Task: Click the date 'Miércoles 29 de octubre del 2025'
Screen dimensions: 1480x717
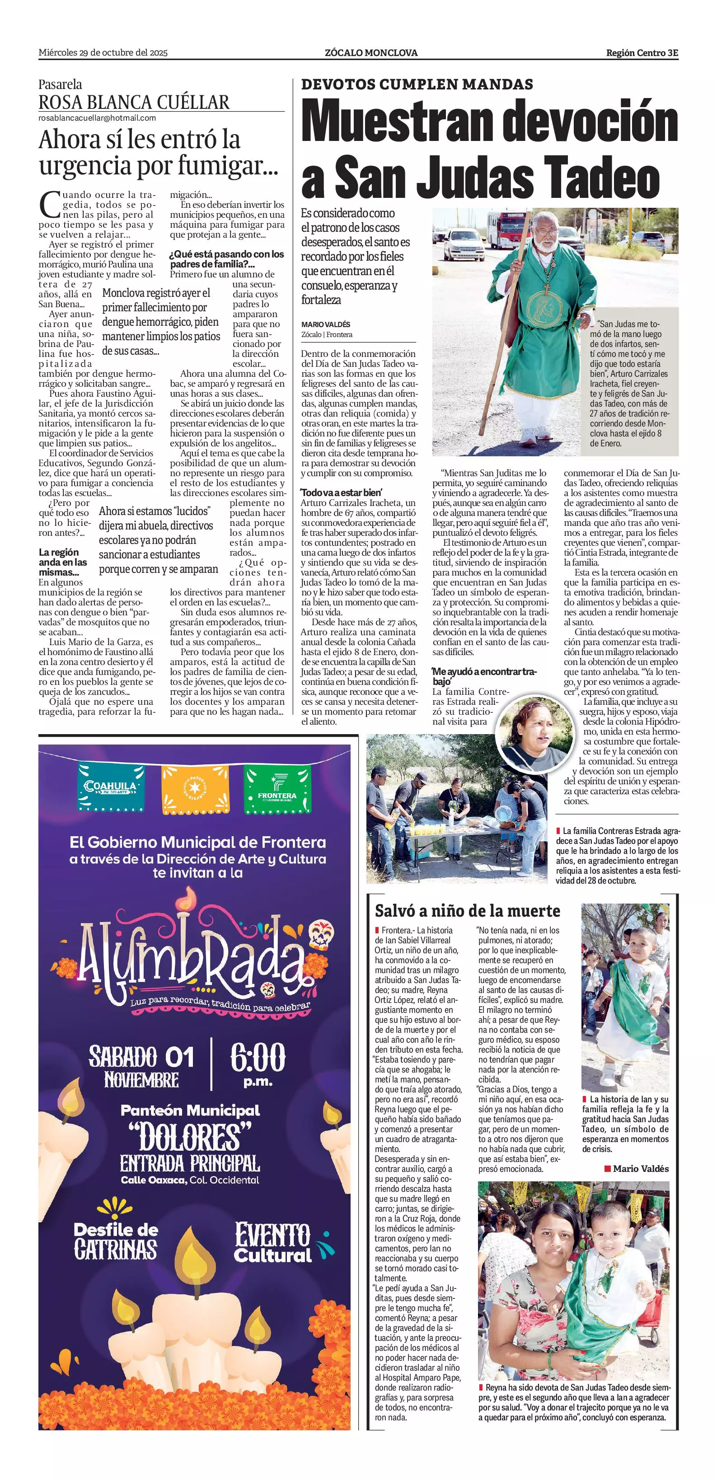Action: click(x=103, y=52)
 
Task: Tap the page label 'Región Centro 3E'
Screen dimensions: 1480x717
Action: click(x=642, y=53)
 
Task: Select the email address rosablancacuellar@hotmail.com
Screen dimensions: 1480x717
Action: click(x=97, y=118)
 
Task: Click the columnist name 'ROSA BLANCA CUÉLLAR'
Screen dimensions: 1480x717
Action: click(x=134, y=102)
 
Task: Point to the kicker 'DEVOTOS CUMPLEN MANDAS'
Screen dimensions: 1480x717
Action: click(x=417, y=84)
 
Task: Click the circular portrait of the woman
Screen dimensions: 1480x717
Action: click(x=534, y=734)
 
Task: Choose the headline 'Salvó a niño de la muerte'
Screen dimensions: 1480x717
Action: click(x=467, y=911)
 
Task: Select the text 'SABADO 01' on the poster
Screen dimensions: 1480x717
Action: click(x=141, y=1056)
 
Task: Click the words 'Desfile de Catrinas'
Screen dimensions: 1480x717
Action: click(x=116, y=1241)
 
